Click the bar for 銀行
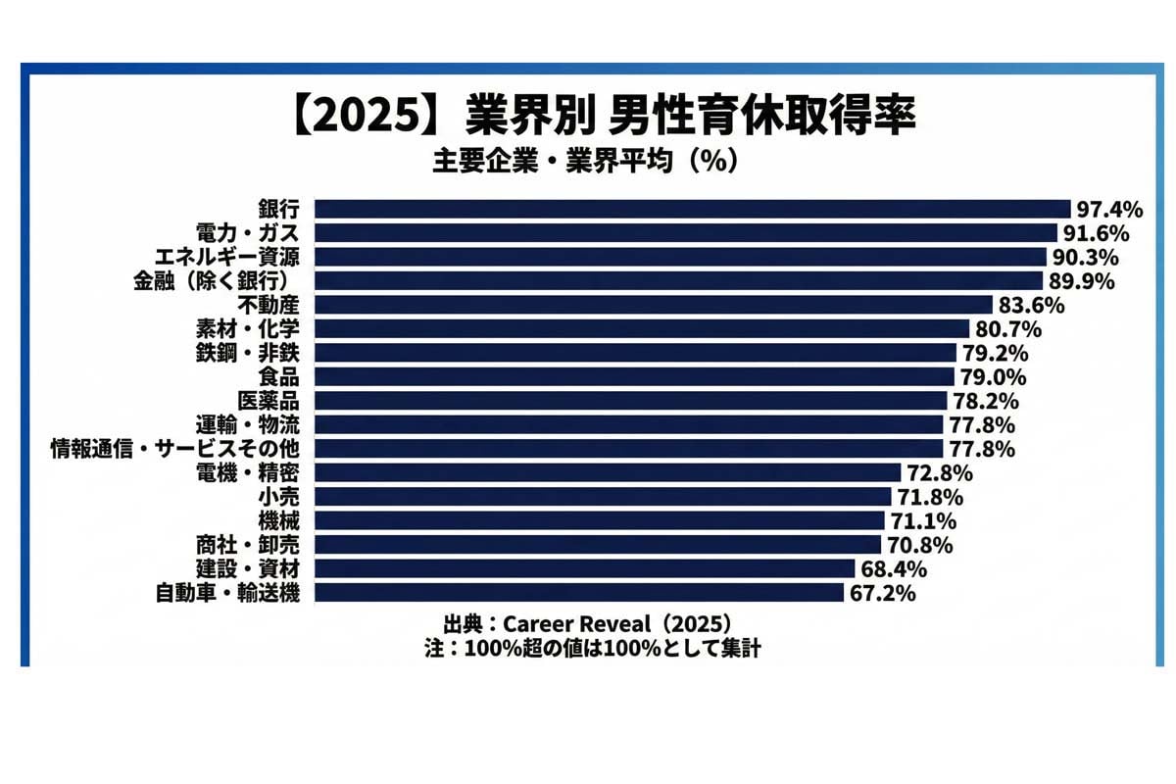(x=692, y=209)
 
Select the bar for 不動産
(x=654, y=304)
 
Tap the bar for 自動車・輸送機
(x=578, y=592)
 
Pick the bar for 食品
(x=634, y=376)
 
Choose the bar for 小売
(x=603, y=496)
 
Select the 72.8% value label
(x=939, y=473)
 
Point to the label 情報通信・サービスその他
(x=180, y=449)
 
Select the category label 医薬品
(x=269, y=401)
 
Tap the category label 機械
(x=280, y=520)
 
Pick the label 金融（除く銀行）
(x=221, y=281)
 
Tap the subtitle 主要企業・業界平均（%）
(x=585, y=161)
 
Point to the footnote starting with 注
(x=587, y=648)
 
